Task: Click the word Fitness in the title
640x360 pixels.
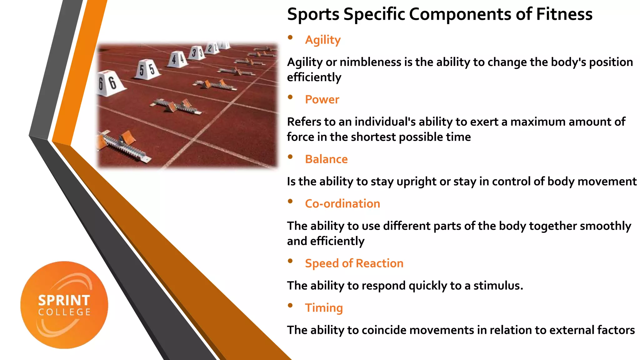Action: [564, 14]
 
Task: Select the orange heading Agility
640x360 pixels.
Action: [323, 40]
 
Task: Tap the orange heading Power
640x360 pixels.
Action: [322, 100]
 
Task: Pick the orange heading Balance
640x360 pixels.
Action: [326, 159]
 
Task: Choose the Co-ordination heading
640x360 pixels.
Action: [342, 204]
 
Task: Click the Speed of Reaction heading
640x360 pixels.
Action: [354, 263]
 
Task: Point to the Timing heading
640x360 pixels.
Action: [324, 308]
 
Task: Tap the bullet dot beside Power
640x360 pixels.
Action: [290, 97]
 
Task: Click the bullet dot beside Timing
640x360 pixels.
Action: [290, 305]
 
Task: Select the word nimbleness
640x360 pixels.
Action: [370, 62]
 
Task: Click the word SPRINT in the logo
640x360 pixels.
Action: [64, 301]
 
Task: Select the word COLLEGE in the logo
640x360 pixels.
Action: [64, 312]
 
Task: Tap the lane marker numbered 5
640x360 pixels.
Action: [147, 69]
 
